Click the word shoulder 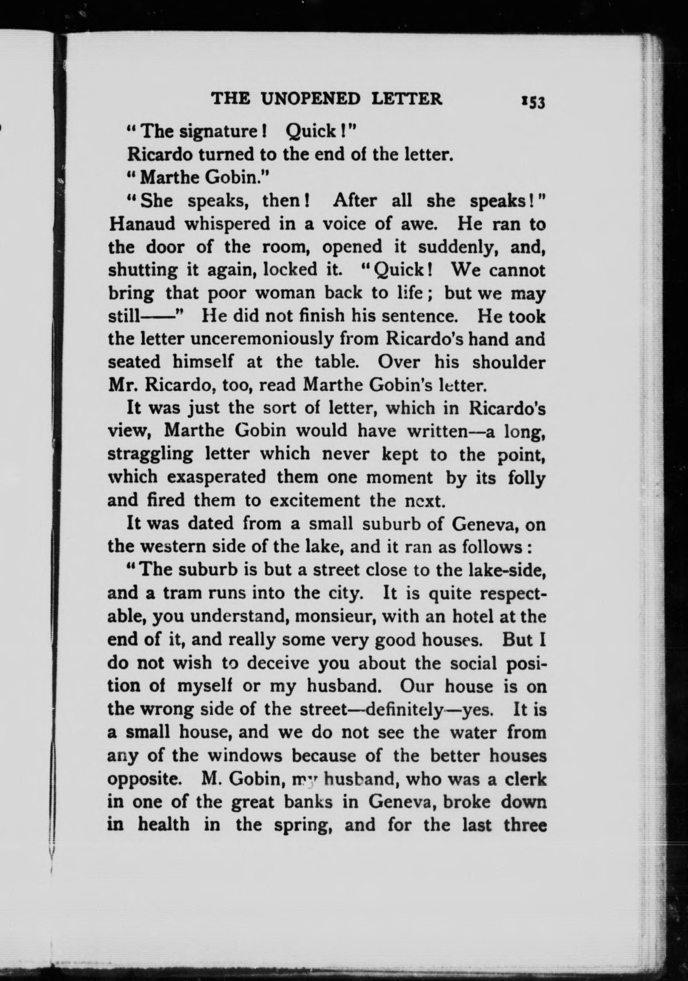508,362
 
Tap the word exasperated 216,477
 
